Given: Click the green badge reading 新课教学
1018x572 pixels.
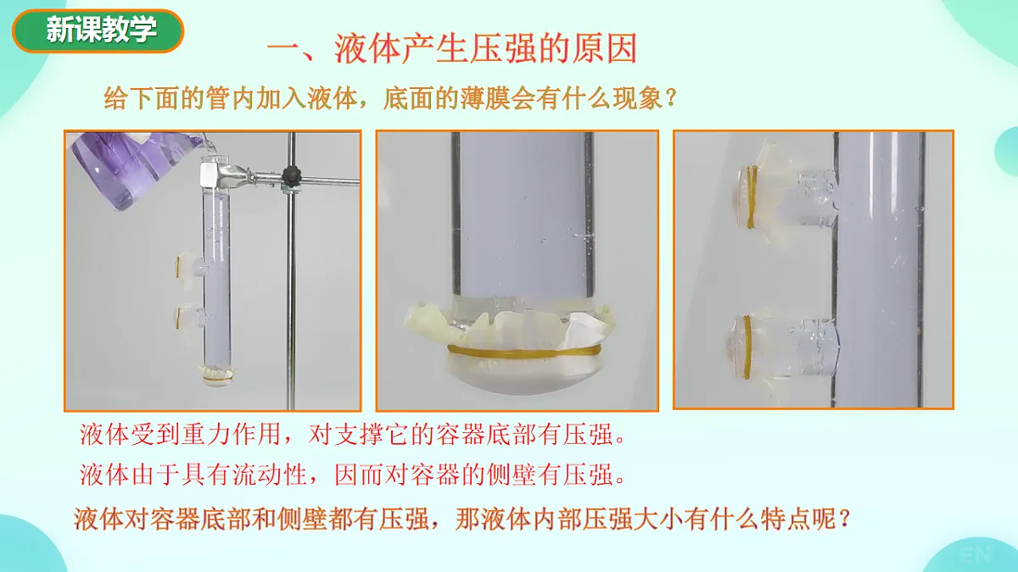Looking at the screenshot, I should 98,31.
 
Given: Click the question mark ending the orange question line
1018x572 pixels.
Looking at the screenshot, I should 671,98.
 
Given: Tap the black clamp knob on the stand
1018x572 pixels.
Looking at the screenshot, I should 292,177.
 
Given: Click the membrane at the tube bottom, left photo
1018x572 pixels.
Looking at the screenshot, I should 215,375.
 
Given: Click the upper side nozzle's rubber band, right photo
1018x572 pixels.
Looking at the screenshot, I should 752,197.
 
